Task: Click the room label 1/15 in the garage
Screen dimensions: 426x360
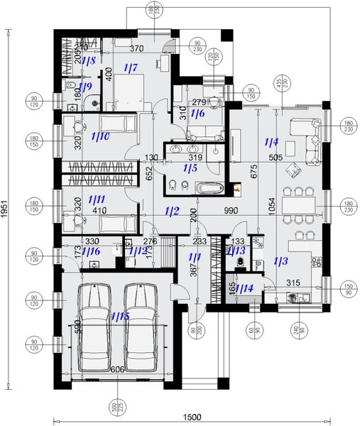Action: tap(119, 317)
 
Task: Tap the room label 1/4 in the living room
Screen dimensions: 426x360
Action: tap(271, 142)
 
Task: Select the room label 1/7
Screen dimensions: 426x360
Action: tap(130, 68)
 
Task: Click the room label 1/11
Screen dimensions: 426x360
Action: tap(96, 201)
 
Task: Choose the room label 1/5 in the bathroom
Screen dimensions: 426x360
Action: tap(190, 168)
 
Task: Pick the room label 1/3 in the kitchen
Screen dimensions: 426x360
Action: tap(280, 262)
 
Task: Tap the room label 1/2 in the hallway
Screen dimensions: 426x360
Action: tap(171, 210)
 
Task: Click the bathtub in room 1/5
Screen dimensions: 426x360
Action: tap(207, 188)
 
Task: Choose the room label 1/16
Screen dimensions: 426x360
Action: tap(90, 251)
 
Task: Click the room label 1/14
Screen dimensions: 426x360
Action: tap(244, 288)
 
